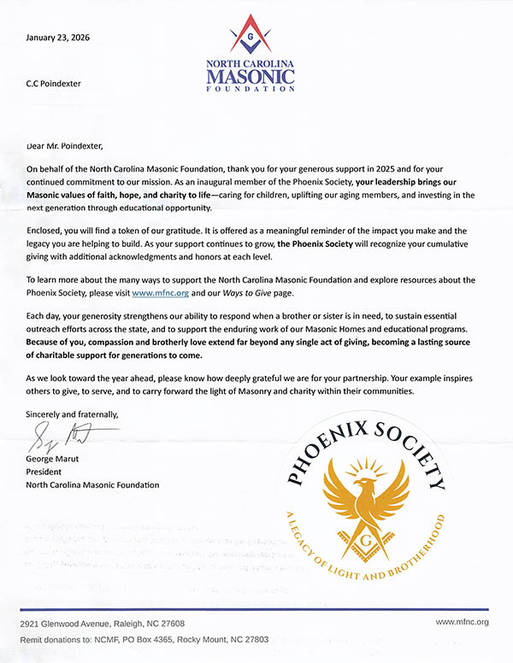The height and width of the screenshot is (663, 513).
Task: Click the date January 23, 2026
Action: tap(58, 38)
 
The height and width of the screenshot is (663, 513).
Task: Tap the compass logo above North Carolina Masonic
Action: tap(250, 38)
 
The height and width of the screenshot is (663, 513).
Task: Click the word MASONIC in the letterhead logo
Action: tap(250, 78)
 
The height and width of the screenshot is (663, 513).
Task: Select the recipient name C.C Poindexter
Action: tap(56, 84)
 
